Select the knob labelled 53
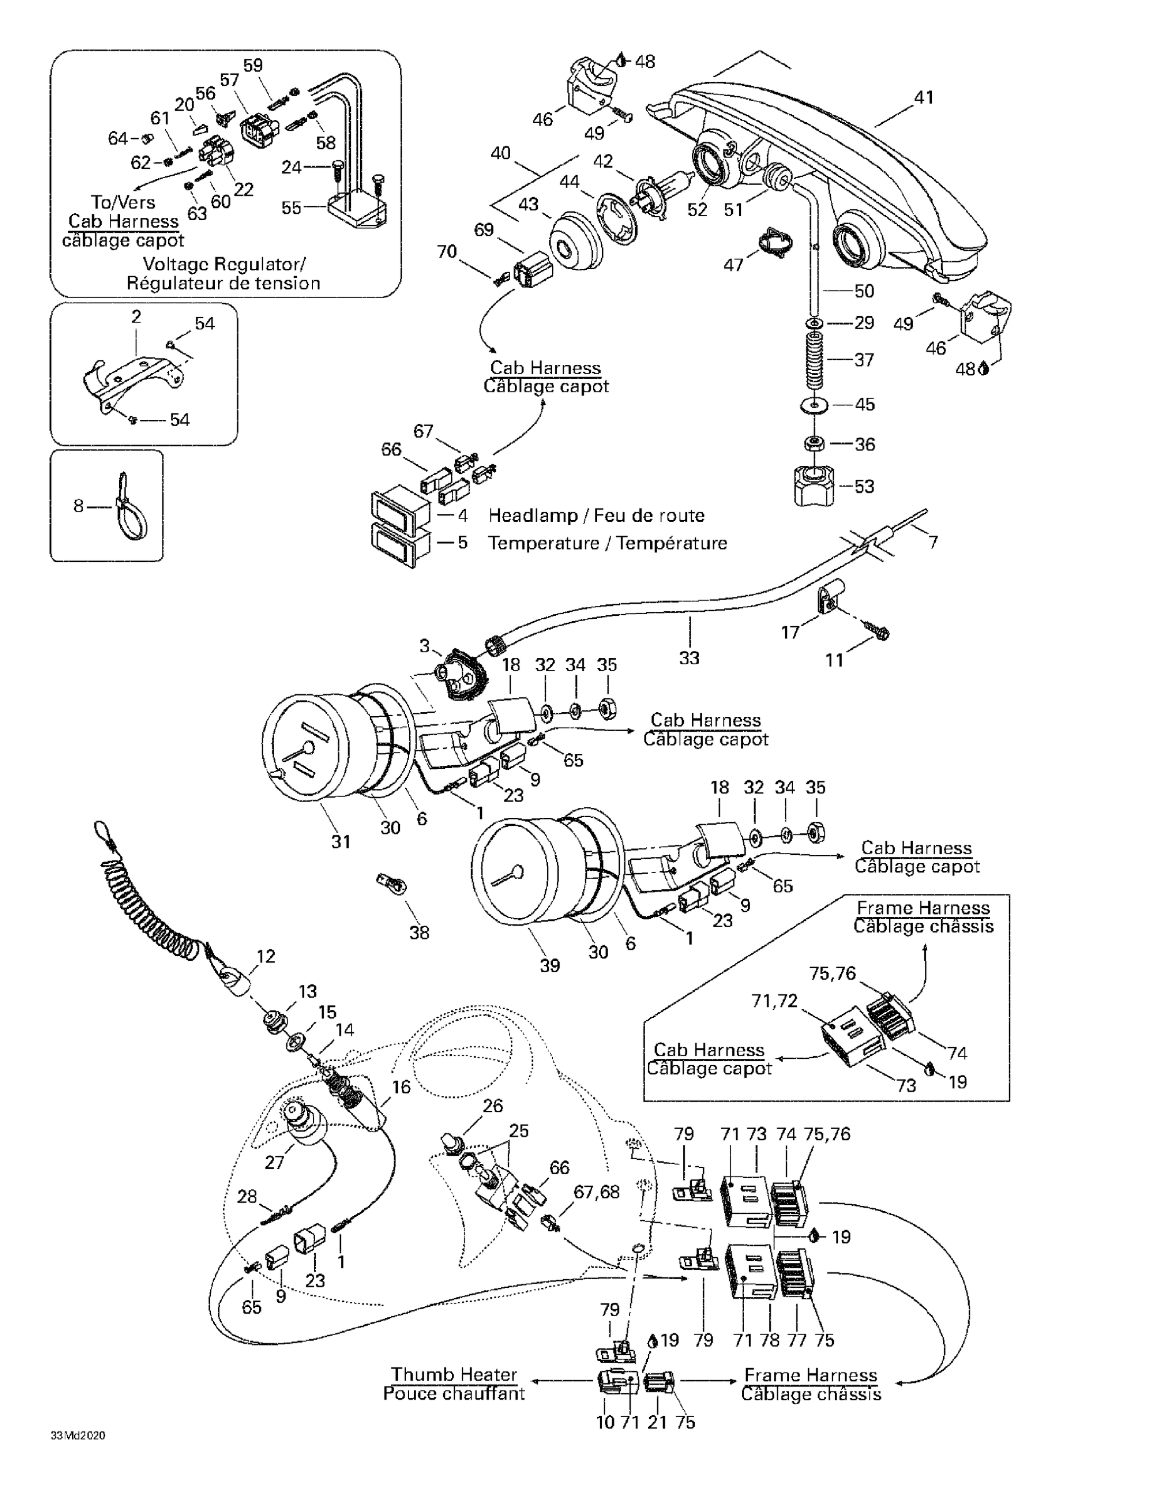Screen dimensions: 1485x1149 pyautogui.click(x=816, y=486)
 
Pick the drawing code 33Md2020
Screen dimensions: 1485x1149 pyautogui.click(x=78, y=1436)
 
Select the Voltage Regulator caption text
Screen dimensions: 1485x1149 pyautogui.click(x=224, y=264)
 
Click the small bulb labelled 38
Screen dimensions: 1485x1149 pyautogui.click(x=391, y=885)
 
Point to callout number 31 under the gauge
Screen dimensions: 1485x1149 pyautogui.click(x=340, y=842)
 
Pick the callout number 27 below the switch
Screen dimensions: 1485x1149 pyautogui.click(x=274, y=1163)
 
